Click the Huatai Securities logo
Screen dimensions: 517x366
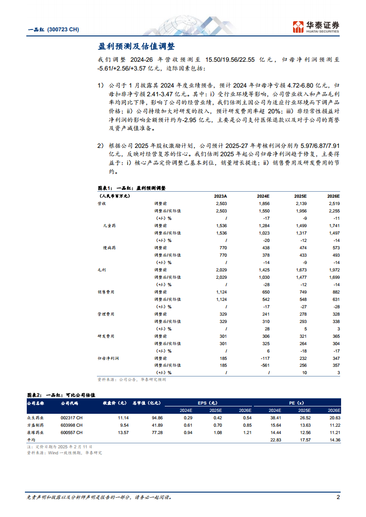[316, 26]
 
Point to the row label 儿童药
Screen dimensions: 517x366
[109, 226]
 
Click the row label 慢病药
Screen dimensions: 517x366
[109, 248]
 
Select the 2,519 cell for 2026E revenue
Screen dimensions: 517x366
[333, 203]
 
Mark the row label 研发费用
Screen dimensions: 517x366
[106, 336]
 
